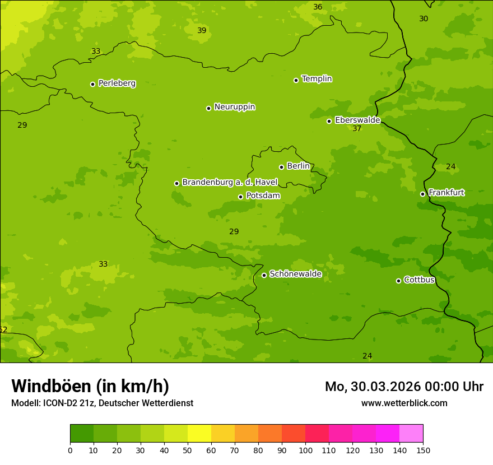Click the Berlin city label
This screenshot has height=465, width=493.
pos(298,166)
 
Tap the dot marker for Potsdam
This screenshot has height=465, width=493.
pos(241,197)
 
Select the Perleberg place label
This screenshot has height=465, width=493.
pos(117,83)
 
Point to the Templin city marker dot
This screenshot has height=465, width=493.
pos(296,80)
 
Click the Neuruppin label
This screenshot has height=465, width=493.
pos(234,107)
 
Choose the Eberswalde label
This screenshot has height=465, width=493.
pos(357,120)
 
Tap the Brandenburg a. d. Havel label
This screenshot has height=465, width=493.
pos(230,183)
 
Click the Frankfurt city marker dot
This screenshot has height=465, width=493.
pos(423,194)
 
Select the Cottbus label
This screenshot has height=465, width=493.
pos(419,280)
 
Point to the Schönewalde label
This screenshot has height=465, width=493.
pos(295,275)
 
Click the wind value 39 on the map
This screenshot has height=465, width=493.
pos(202,30)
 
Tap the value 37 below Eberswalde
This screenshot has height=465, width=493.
pos(357,129)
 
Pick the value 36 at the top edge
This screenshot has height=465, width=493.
pos(318,7)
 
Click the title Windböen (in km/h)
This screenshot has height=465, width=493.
pos(90,386)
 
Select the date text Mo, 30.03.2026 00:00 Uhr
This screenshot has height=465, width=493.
pos(404,387)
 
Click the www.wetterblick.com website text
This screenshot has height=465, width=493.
pos(404,403)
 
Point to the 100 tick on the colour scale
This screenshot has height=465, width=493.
pos(305,450)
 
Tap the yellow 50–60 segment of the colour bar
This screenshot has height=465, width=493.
pos(199,434)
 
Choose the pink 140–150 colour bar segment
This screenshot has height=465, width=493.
pos(411,434)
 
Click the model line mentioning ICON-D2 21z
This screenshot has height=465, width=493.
pos(102,403)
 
